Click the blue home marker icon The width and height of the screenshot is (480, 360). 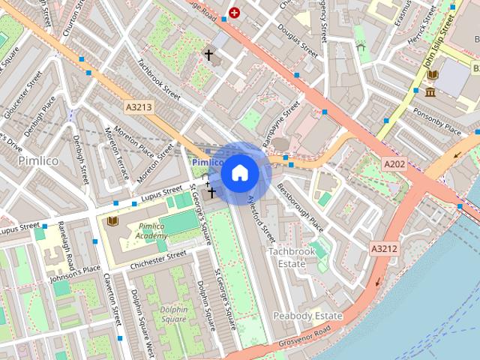pos(240,173)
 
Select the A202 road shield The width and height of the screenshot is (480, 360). pos(394,163)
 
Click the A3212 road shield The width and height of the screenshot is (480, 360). pos(383,247)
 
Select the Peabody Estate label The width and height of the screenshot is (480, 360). pos(307,316)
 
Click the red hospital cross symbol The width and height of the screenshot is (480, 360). pos(235,13)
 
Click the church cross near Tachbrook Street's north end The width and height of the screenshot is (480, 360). pos(208,55)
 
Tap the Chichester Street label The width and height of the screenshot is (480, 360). pos(157,259)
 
